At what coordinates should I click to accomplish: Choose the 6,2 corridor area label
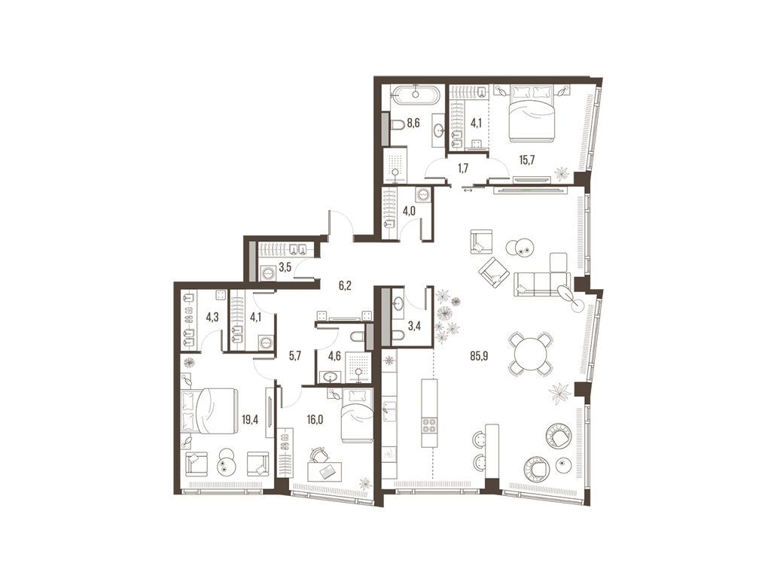pos(346,285)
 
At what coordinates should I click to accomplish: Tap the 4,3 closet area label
pos(212,317)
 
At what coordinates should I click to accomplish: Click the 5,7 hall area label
pos(294,356)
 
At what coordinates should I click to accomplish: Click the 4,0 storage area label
pos(409,211)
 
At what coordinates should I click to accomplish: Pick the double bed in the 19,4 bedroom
pos(209,412)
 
